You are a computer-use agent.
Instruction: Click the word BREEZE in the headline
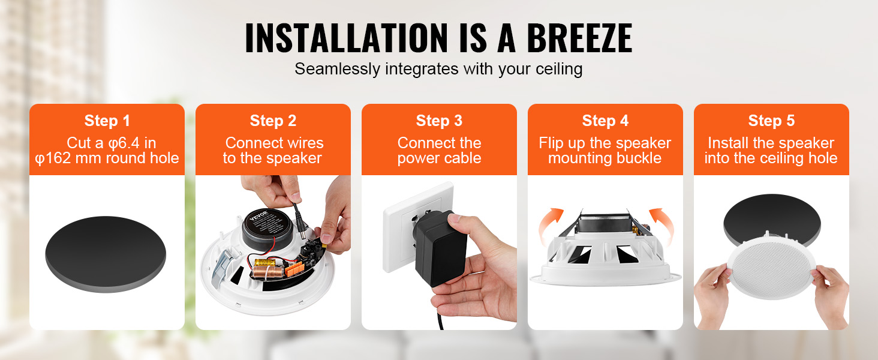pos(579,38)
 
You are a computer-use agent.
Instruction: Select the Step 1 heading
pos(107,121)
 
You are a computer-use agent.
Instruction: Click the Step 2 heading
pos(273,121)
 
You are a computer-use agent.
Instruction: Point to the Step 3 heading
pos(439,121)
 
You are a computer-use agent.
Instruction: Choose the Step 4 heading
pos(605,121)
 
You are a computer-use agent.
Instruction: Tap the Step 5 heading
pos(771,121)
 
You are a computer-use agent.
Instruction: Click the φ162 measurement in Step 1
pos(53,158)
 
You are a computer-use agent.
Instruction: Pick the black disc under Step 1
pos(106,254)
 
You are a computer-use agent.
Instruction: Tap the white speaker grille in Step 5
pos(771,268)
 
